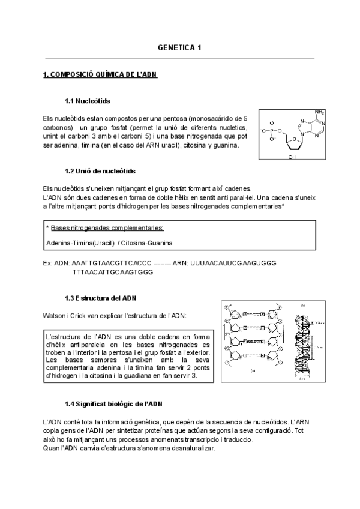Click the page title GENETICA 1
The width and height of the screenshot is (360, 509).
[179, 47]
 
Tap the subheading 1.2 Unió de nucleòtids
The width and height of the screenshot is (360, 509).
[100, 171]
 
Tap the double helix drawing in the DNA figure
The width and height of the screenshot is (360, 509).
[305, 340]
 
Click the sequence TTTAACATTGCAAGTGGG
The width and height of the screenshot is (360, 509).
[112, 271]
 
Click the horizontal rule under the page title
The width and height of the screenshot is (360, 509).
[179, 59]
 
